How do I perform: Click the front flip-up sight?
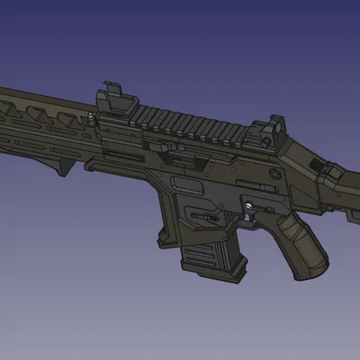[111, 96]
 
